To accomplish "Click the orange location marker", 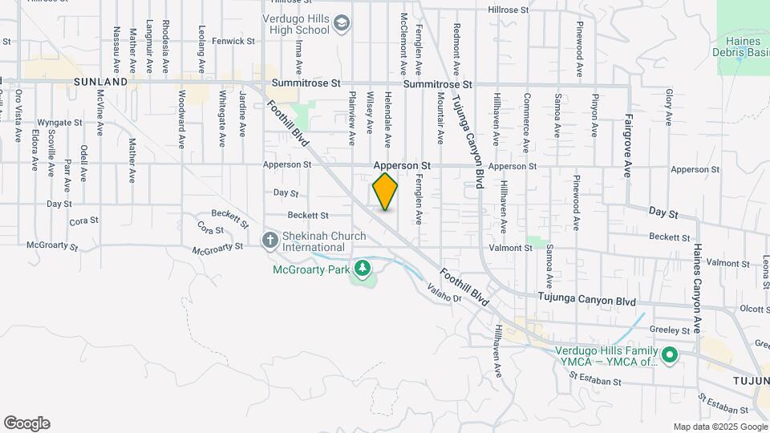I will click(x=385, y=192).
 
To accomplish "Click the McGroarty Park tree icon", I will click(x=363, y=268).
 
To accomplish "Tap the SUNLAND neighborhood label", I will click(x=100, y=82).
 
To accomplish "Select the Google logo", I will click(x=26, y=423).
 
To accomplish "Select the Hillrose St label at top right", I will click(x=509, y=10).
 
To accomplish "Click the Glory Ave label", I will click(x=667, y=107).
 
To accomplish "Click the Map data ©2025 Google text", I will click(x=720, y=427).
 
